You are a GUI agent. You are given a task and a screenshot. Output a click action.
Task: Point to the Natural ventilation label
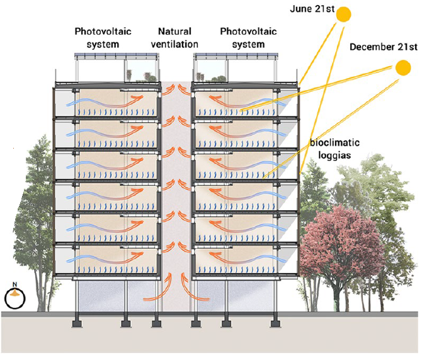[x=175, y=37]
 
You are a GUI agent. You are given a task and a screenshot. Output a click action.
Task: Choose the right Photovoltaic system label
[x=247, y=37]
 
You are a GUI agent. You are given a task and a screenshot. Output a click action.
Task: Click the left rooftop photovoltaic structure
[x=117, y=67]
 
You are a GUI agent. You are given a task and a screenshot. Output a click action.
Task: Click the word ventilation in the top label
[x=175, y=44]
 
